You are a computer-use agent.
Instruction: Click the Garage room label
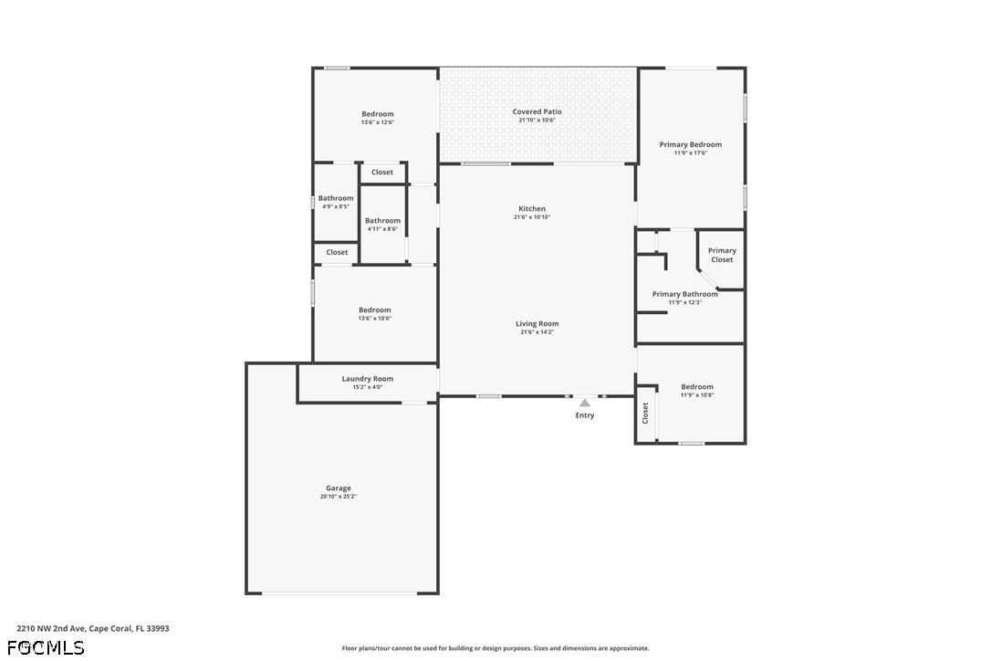[x=339, y=488]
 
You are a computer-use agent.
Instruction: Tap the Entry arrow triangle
[x=585, y=403]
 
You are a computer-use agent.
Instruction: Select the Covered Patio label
[x=537, y=111]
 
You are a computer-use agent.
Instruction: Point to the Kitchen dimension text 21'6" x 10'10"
[x=532, y=217]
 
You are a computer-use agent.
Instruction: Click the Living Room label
[x=537, y=323]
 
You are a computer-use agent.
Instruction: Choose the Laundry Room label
[x=368, y=378]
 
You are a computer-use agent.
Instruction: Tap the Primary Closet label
[x=722, y=255]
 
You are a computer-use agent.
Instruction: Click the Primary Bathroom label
[x=685, y=293]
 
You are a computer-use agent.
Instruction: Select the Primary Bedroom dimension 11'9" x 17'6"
[x=691, y=152]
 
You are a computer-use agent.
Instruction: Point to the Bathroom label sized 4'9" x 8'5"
[x=336, y=198]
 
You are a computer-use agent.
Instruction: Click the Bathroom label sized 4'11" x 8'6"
[x=382, y=220]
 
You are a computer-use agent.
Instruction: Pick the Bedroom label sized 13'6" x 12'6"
[x=378, y=114]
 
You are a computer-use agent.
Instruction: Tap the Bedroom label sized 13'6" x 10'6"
[x=375, y=310]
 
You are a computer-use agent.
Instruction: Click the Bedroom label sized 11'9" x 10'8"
[x=697, y=386]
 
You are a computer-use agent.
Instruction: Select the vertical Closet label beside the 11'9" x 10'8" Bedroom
[x=645, y=413]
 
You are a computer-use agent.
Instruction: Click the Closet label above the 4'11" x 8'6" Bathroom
[x=382, y=172]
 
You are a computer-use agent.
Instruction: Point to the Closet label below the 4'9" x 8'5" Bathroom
[x=337, y=252]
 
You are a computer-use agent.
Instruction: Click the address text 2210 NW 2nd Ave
[x=50, y=629]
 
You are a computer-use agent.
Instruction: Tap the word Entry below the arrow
[x=585, y=414]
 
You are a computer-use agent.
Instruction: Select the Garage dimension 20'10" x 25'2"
[x=339, y=497]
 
